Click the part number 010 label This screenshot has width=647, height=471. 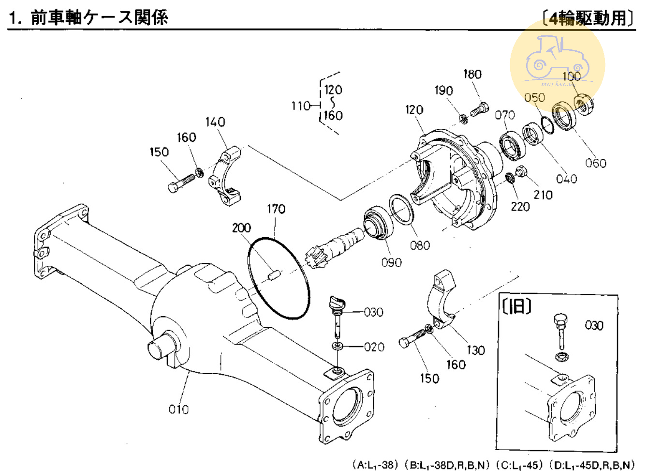pyautogui.click(x=178, y=410)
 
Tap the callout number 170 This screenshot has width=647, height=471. pyautogui.click(x=276, y=209)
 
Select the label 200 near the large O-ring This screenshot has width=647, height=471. pyautogui.click(x=241, y=228)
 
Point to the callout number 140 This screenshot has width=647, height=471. pyautogui.click(x=215, y=122)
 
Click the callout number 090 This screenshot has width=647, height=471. pyautogui.click(x=391, y=262)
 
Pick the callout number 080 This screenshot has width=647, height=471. pyautogui.click(x=420, y=245)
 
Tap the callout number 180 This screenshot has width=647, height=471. pyautogui.click(x=472, y=74)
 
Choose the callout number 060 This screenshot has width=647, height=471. pyautogui.click(x=595, y=163)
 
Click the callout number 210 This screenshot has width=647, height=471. pyautogui.click(x=543, y=195)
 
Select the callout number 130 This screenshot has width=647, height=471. pyautogui.click(x=475, y=350)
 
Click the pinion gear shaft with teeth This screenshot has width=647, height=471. pyautogui.click(x=334, y=244)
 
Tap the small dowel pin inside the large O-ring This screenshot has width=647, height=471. pyautogui.click(x=274, y=275)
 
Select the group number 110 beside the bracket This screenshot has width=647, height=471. pyautogui.click(x=300, y=106)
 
